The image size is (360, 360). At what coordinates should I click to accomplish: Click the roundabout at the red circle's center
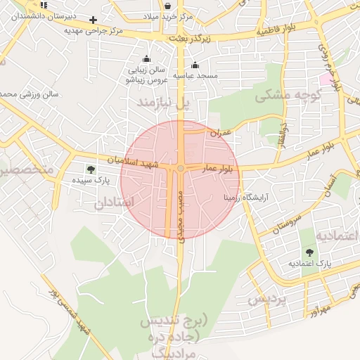click(181, 168)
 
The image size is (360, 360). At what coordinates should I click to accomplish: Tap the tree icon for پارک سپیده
click(90, 169)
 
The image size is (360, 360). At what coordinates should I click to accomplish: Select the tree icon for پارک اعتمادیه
click(309, 252)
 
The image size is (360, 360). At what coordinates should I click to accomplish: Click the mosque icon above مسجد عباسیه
click(195, 65)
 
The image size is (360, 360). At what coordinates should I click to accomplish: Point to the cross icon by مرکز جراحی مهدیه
click(93, 20)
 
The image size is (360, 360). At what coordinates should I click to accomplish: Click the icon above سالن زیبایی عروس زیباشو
click(146, 60)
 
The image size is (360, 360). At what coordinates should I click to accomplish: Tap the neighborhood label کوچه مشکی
click(288, 95)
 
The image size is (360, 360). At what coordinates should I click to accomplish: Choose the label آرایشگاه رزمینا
click(243, 198)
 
